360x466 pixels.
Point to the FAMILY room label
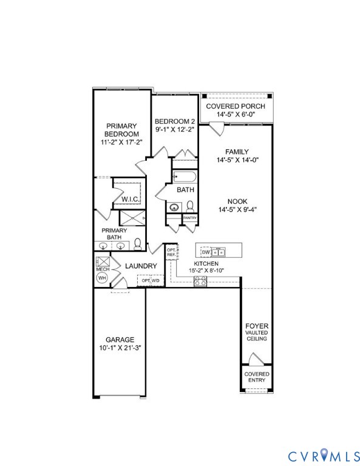(x=237, y=152)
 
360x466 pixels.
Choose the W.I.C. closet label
(x=131, y=199)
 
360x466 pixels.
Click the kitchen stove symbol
(x=200, y=280)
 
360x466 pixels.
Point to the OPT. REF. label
(x=171, y=252)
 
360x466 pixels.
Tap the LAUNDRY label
(x=141, y=266)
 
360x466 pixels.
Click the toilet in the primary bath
(x=138, y=244)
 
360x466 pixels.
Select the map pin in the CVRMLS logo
(x=322, y=454)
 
